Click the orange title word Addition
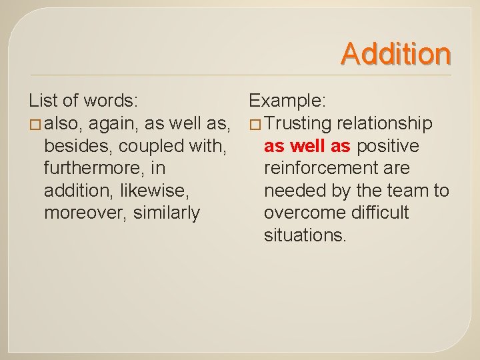point(397,53)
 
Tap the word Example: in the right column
point(287,101)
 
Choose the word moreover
point(82,213)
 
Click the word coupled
point(145,146)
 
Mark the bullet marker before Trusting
point(254,125)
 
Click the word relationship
point(385,124)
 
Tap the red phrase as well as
point(307,146)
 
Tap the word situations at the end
point(305,236)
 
